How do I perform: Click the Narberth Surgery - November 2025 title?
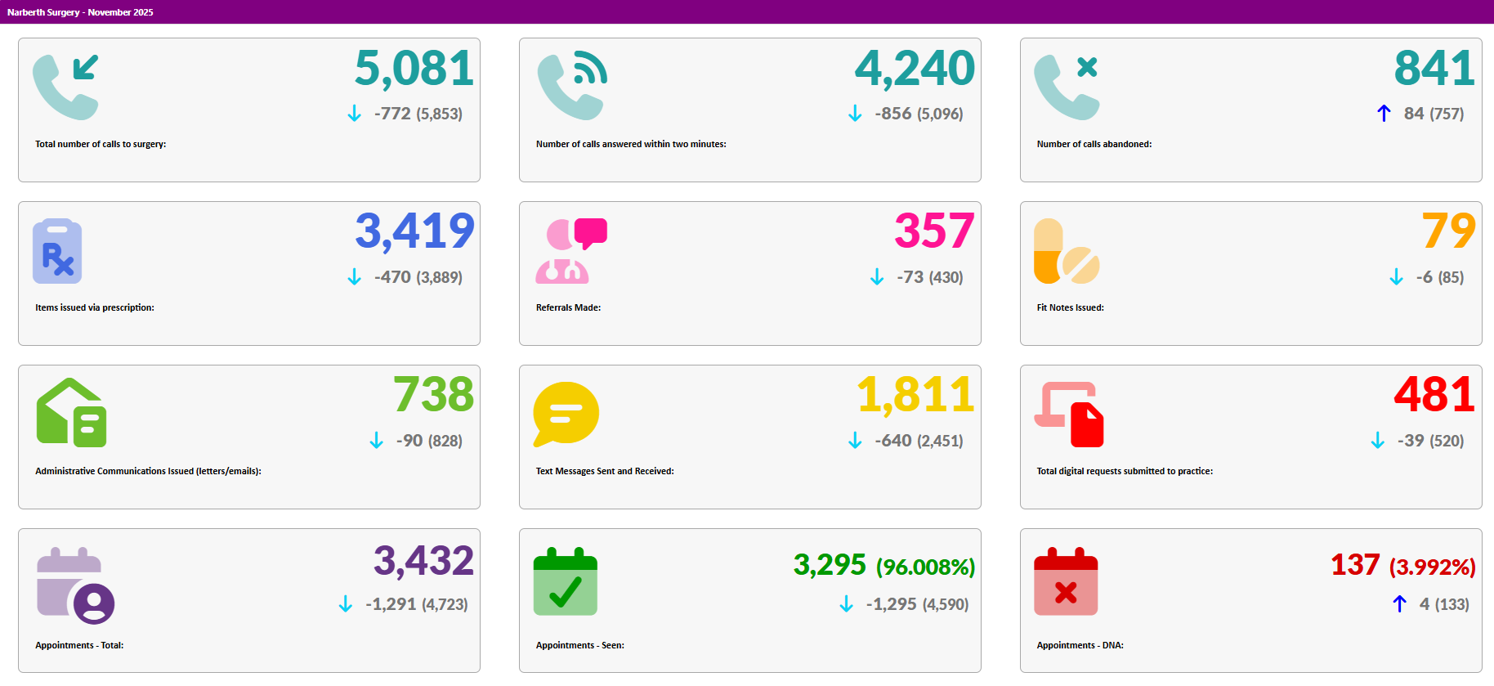pos(80,12)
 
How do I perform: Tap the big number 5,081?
pos(414,69)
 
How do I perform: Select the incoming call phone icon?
pos(65,87)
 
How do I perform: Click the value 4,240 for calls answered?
pos(915,69)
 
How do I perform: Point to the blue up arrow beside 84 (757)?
pos(1384,114)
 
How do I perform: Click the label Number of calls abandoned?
pos(1094,144)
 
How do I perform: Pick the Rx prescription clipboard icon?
pos(57,251)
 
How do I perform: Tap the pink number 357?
pos(933,231)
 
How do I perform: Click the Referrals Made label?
pos(568,307)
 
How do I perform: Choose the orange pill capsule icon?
pos(1049,251)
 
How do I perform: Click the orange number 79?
pos(1448,231)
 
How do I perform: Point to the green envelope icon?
pos(71,413)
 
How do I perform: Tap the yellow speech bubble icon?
pos(566,414)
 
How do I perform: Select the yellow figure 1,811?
pos(915,395)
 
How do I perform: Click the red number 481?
pos(1434,395)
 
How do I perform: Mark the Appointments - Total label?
pos(79,645)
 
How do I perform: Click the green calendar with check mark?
pos(566,581)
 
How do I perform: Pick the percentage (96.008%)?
pos(925,567)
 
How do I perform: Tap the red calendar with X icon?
pos(1066,581)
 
